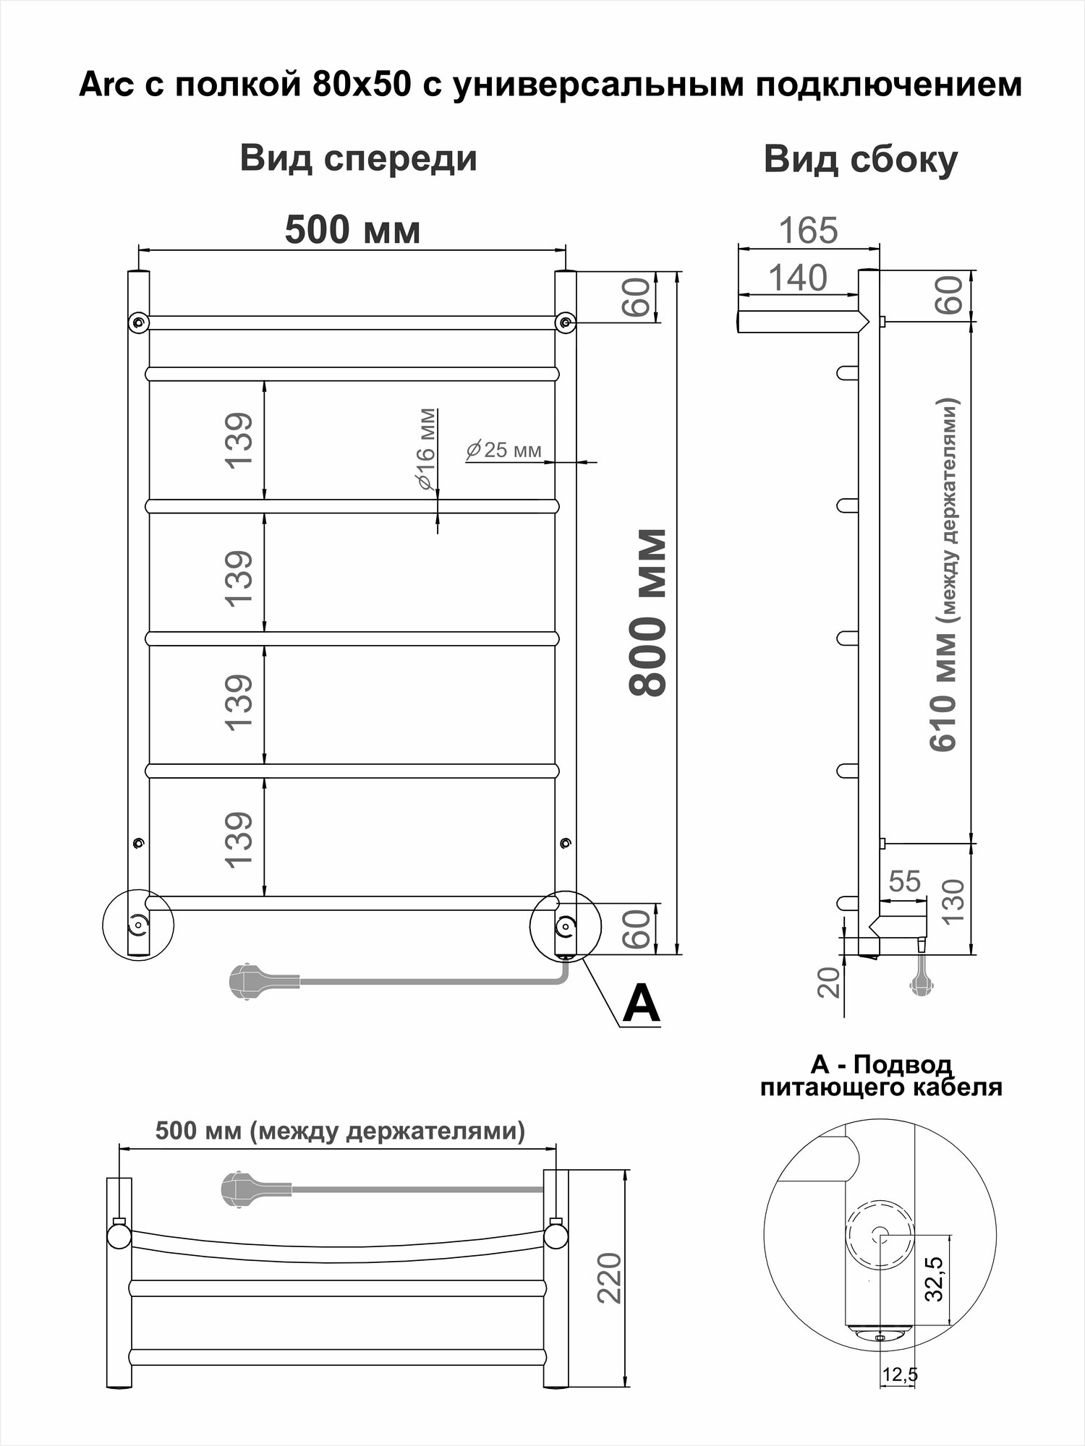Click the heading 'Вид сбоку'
pos(860,160)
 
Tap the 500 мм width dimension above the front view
pos(352,231)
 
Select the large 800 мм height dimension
pos(648,613)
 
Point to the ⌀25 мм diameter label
pos(503,450)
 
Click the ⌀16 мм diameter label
pos(427,450)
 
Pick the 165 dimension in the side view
pos(808,231)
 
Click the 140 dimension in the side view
pos(797,278)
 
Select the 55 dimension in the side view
pos(904,881)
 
